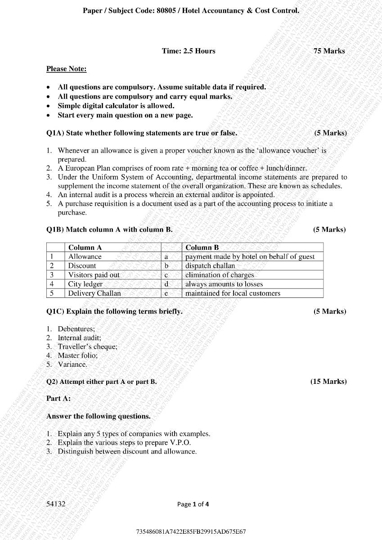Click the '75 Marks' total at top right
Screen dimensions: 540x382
click(329, 51)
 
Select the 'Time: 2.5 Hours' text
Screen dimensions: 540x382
click(189, 51)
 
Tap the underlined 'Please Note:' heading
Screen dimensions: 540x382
click(67, 69)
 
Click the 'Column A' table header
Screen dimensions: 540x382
click(85, 247)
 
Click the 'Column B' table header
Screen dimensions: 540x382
click(202, 247)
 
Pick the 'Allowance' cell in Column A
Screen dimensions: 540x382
click(85, 256)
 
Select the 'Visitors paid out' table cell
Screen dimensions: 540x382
click(94, 275)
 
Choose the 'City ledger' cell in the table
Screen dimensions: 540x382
click(85, 284)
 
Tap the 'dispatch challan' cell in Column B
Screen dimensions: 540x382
click(210, 266)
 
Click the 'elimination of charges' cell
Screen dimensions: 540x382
click(220, 275)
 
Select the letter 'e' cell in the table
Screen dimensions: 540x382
click(166, 293)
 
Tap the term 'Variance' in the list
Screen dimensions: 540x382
click(72, 364)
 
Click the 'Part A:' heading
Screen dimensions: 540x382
click(58, 399)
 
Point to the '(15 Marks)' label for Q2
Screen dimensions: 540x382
click(328, 382)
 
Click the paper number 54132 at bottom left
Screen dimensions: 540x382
click(56, 504)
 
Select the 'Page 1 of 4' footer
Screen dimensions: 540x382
click(193, 504)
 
